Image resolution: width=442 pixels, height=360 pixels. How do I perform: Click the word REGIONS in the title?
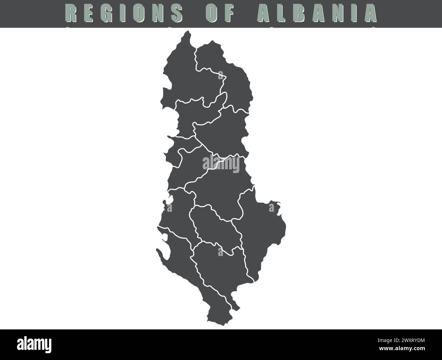coord(124,13)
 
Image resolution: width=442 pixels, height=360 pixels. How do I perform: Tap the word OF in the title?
coord(220,13)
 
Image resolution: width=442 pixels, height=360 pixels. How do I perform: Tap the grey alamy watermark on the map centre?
coord(221,164)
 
